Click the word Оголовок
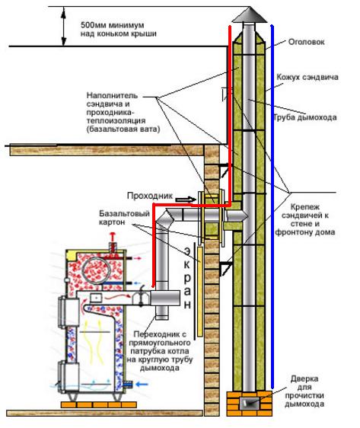tap(306, 42)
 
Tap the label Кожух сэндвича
tap(307, 77)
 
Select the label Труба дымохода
tap(305, 117)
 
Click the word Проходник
tap(150, 196)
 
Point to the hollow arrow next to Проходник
tap(186, 200)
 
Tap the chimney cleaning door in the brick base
tap(250, 403)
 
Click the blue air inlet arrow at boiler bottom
tap(142, 385)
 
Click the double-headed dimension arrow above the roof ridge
tap(63, 27)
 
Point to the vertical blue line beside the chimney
tap(272, 206)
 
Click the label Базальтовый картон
tap(124, 218)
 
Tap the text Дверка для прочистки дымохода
tap(304, 391)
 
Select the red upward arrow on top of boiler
tap(112, 237)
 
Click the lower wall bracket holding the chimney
tap(225, 268)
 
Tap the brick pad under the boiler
tap(99, 404)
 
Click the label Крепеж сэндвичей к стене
tap(305, 219)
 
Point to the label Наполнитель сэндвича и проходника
tap(123, 112)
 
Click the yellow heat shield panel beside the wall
tap(200, 292)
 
